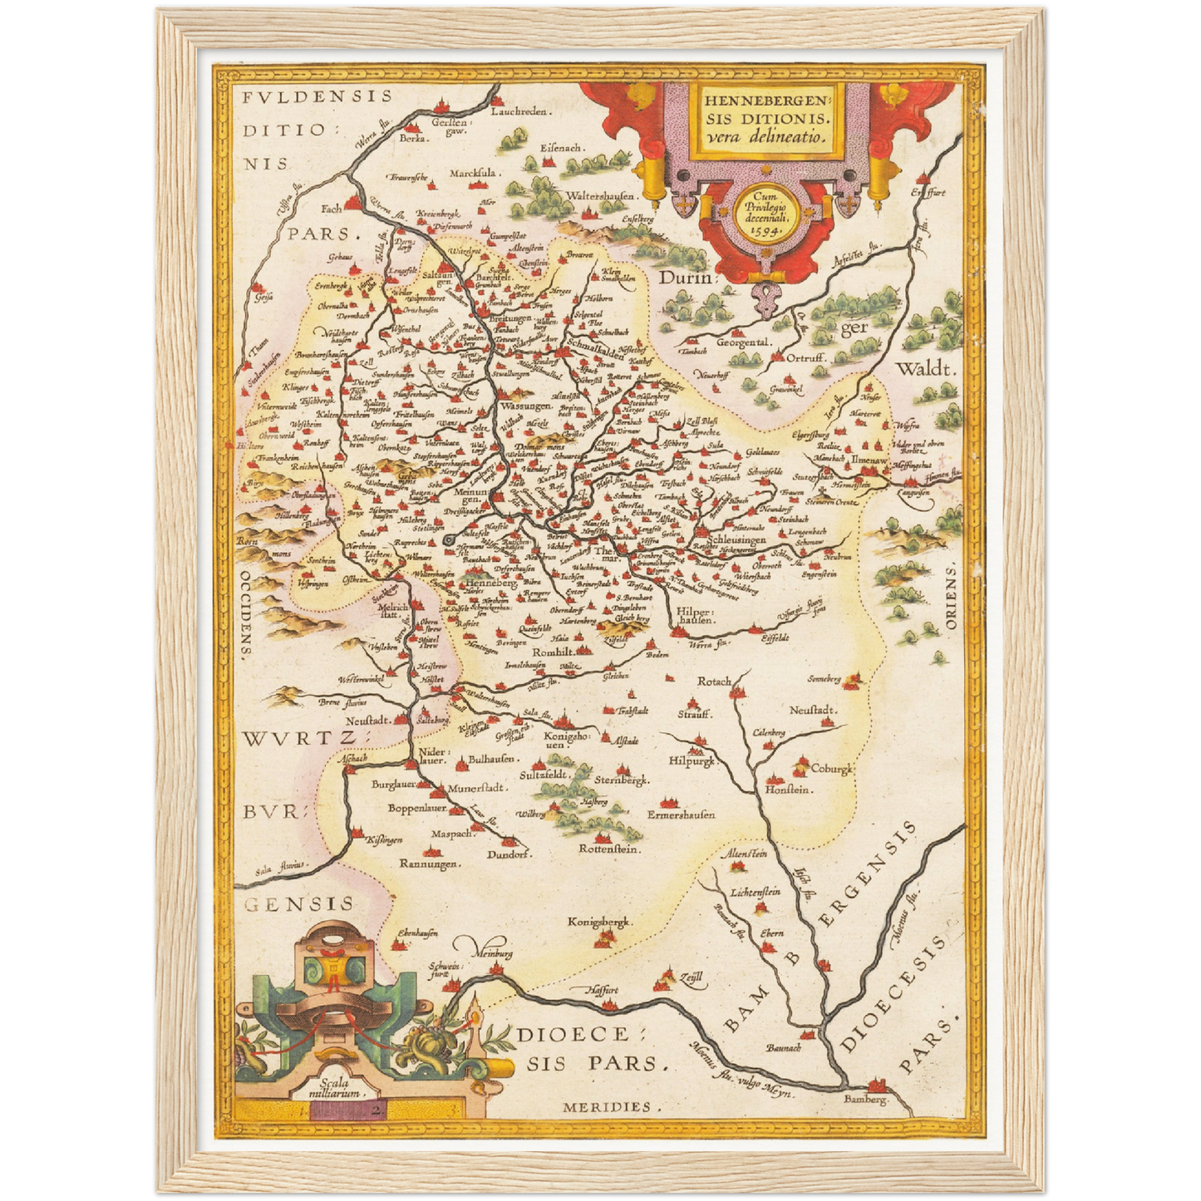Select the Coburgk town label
click(832, 769)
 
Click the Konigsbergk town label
click(600, 922)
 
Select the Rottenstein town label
click(608, 849)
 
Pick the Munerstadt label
click(477, 788)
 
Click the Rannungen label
click(430, 864)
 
